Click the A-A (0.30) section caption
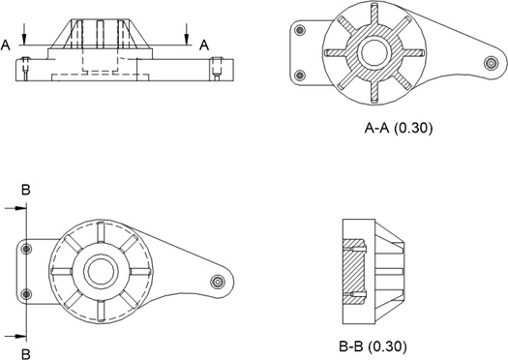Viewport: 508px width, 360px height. tap(398, 129)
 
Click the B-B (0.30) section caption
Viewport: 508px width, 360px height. tap(373, 346)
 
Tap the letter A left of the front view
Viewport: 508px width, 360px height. tap(6, 45)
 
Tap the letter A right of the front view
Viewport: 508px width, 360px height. tap(204, 45)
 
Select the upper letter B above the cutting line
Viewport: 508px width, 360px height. tap(26, 190)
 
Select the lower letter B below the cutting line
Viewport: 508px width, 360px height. tap(26, 354)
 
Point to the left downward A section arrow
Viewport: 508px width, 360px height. tap(23, 34)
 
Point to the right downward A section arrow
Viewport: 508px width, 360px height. tap(187, 34)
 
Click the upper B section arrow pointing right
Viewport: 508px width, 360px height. tap(15, 208)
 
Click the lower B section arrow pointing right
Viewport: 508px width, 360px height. tap(15, 337)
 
